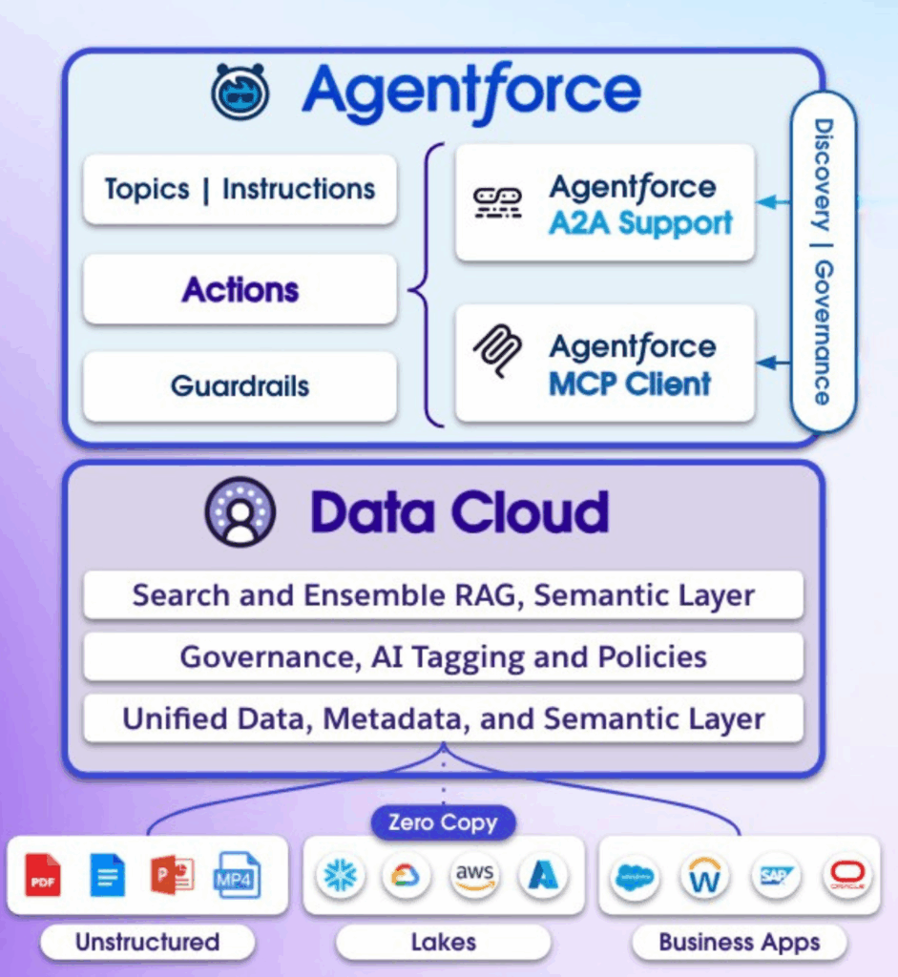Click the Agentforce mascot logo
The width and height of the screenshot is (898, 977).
[240, 92]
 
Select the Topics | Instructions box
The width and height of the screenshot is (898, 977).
[240, 190]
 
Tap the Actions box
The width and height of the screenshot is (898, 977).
[240, 289]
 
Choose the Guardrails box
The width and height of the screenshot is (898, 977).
[240, 386]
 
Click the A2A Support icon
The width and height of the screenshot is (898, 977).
[498, 202]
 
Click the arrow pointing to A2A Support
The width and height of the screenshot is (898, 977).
[774, 202]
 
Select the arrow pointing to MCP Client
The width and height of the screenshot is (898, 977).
[774, 363]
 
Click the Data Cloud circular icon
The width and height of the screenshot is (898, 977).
[240, 511]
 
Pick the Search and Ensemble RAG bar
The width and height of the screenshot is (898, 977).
[443, 595]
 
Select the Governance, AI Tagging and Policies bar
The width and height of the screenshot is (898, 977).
[443, 657]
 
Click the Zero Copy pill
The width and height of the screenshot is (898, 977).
[443, 822]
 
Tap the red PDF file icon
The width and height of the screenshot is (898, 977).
[43, 875]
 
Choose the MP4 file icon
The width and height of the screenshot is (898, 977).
[237, 875]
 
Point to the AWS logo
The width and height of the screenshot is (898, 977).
[475, 876]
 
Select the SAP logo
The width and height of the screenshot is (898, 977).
[774, 876]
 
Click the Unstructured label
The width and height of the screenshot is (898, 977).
[147, 943]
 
